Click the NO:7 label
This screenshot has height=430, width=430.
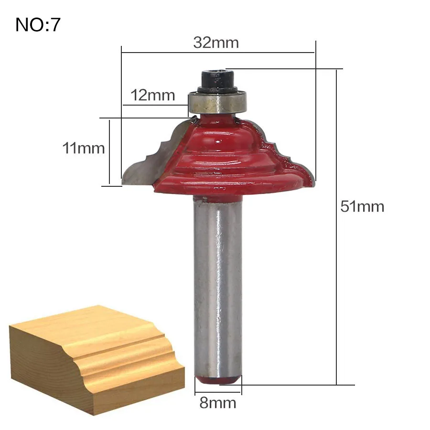click(38, 25)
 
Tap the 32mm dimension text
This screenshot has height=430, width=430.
click(216, 43)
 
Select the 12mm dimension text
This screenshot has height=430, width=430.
click(153, 96)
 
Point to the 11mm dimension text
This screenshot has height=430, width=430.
click(84, 148)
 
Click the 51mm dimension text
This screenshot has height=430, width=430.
click(362, 206)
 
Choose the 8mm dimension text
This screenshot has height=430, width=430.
click(218, 403)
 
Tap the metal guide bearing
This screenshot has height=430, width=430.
click(217, 103)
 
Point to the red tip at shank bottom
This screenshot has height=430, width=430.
click(218, 380)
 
